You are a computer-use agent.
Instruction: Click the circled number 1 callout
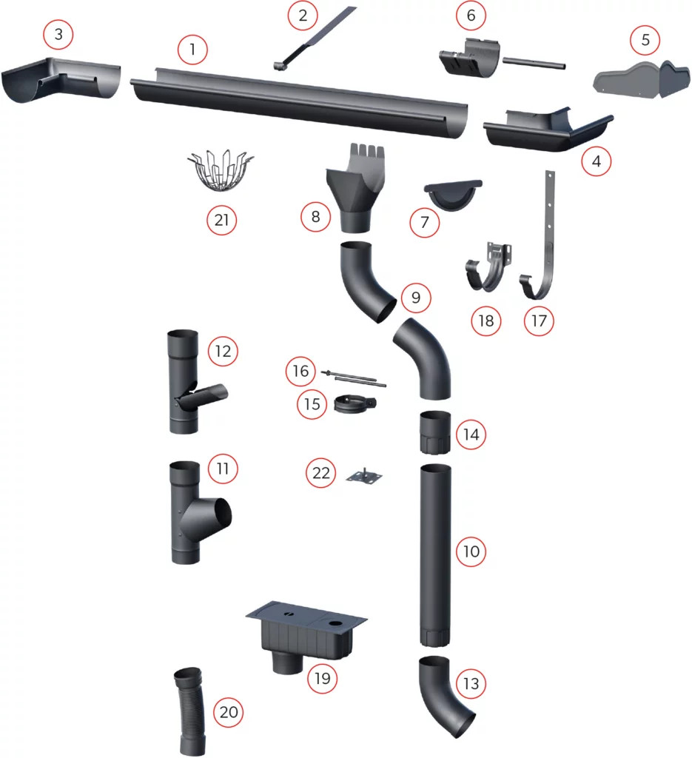pyautogui.click(x=192, y=50)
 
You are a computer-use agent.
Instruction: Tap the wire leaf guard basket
pyautogui.click(x=220, y=171)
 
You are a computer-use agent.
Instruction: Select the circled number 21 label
pyautogui.click(x=221, y=220)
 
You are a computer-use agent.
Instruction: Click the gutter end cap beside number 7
pyautogui.click(x=453, y=195)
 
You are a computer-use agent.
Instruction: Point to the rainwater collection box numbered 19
pyautogui.click(x=306, y=636)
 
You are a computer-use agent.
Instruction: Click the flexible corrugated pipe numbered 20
pyautogui.click(x=190, y=710)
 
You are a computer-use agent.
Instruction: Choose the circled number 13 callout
pyautogui.click(x=471, y=683)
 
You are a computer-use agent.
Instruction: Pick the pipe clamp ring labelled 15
pyautogui.click(x=355, y=403)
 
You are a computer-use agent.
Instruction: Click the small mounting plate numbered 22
pyautogui.click(x=364, y=476)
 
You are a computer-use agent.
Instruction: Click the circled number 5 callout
pyautogui.click(x=645, y=40)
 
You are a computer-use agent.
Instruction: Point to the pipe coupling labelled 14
pyautogui.click(x=435, y=432)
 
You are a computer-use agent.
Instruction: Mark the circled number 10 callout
pyautogui.click(x=471, y=551)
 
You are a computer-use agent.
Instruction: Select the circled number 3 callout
pyautogui.click(x=58, y=34)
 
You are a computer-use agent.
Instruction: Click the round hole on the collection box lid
pyautogui.click(x=335, y=624)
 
